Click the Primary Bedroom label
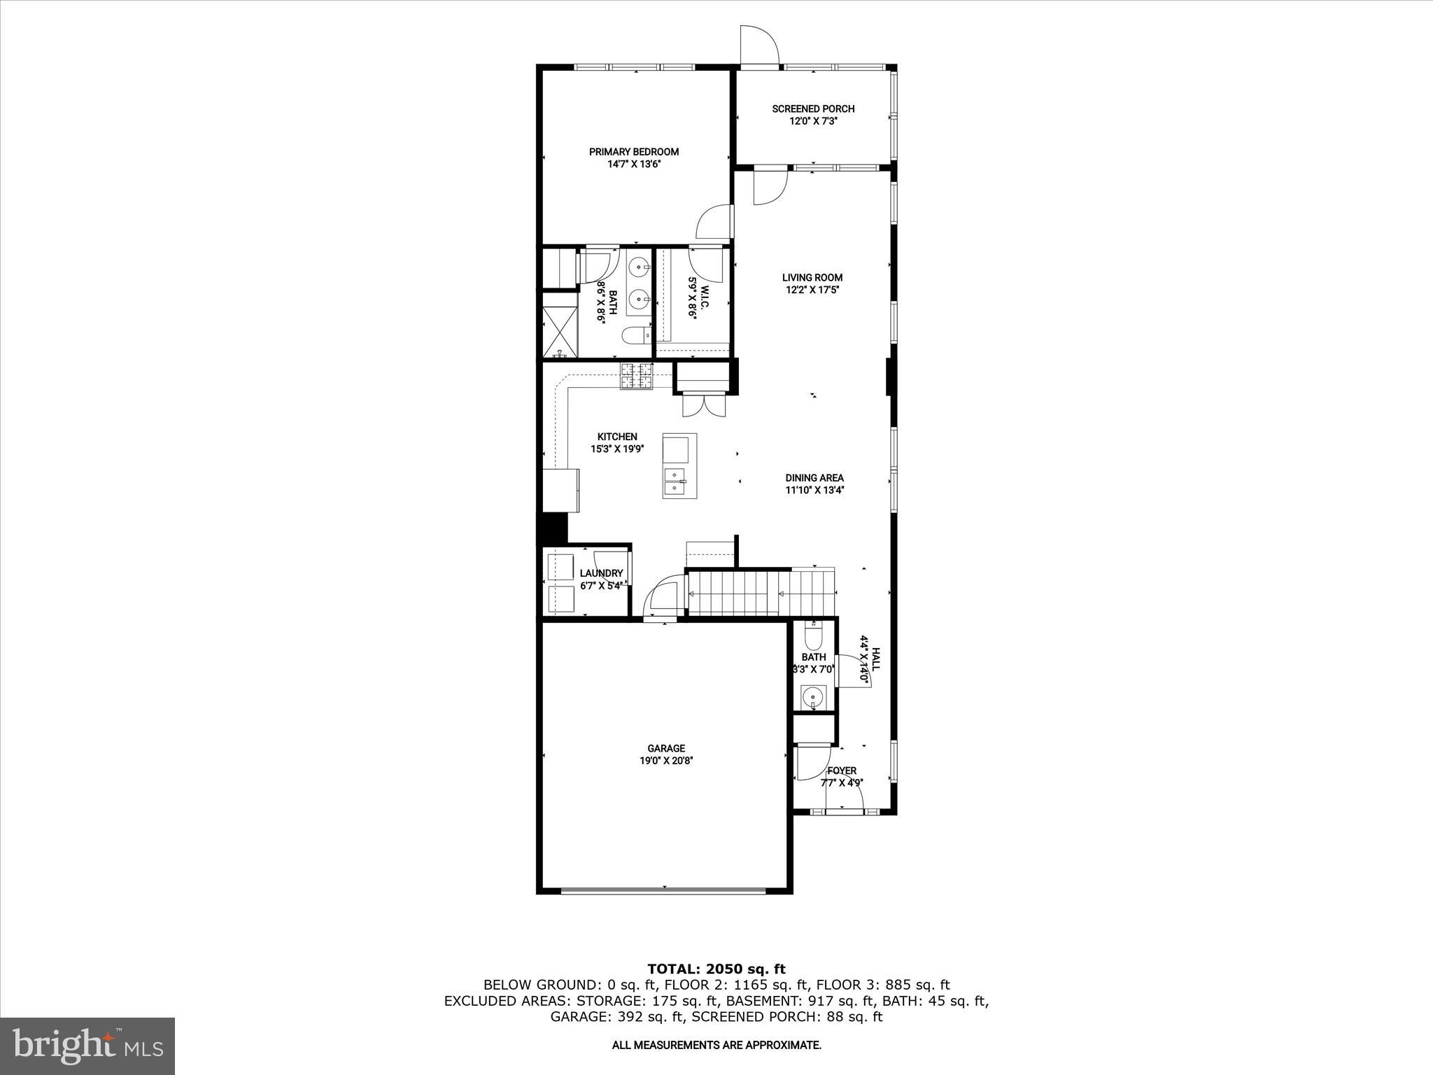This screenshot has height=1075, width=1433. click(633, 152)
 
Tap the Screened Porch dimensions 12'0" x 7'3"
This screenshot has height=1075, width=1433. click(813, 121)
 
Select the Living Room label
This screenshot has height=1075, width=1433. click(812, 277)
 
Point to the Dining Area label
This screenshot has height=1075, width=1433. click(814, 478)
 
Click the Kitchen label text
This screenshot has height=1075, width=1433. click(616, 437)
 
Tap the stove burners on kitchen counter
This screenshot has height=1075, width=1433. click(635, 376)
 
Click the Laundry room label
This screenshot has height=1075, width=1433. click(601, 573)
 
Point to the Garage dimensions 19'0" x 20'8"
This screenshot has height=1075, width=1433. click(666, 760)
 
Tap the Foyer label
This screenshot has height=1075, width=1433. click(842, 771)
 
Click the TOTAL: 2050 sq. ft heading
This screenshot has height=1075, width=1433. click(716, 969)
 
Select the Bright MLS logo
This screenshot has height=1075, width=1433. click(87, 1046)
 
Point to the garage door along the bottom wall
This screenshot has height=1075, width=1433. click(663, 891)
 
